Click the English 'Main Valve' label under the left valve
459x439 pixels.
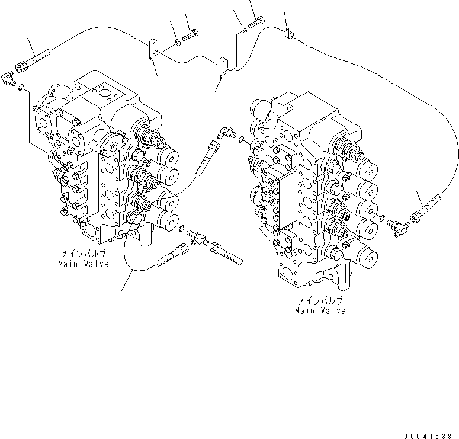click(84, 264)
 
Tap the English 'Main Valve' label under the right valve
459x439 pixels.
click(320, 310)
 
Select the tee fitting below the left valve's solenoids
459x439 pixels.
click(198, 238)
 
